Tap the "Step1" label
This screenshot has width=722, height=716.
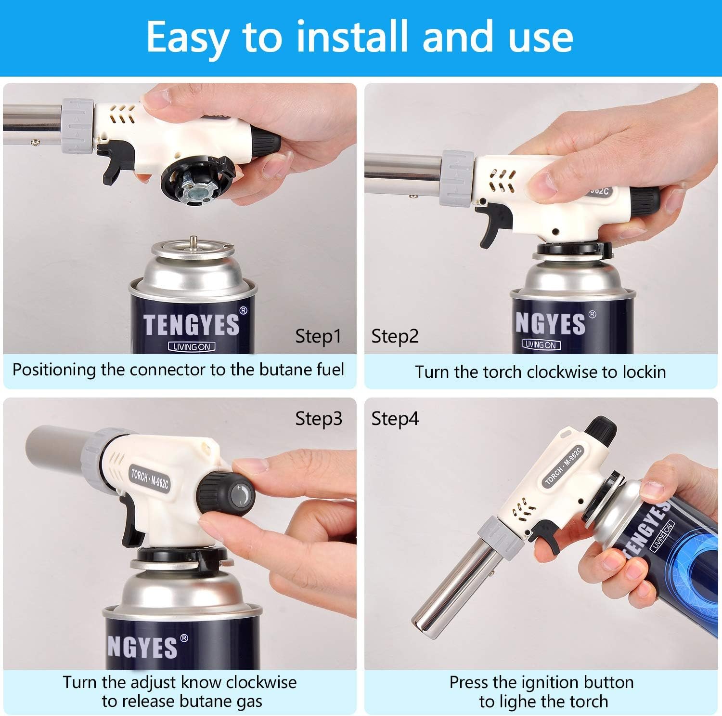pyautogui.click(x=318, y=336)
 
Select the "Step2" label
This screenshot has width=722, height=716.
pyautogui.click(x=395, y=336)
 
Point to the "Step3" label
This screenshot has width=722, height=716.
pyautogui.click(x=319, y=419)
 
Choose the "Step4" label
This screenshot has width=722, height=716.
pyautogui.click(x=395, y=419)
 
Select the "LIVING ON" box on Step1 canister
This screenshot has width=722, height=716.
pyautogui.click(x=192, y=346)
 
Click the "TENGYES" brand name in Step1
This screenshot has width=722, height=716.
pyautogui.click(x=191, y=324)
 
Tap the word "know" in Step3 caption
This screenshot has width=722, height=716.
pyautogui.click(x=201, y=682)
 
